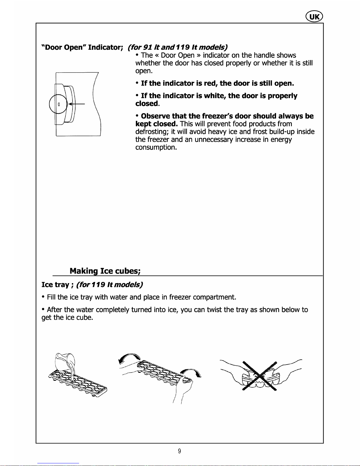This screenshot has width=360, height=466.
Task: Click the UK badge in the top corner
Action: click(314, 16)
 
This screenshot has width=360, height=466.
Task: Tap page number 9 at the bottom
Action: click(179, 451)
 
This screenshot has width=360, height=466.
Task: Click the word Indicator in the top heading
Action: click(105, 47)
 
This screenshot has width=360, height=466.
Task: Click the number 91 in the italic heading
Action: click(147, 47)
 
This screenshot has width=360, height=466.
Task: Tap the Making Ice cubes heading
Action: click(105, 271)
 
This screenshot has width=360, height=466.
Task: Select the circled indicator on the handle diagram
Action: click(58, 104)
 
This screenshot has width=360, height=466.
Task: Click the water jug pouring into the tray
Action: click(65, 361)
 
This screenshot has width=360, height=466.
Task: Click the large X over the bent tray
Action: click(259, 376)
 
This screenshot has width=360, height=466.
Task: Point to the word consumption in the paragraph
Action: click(156, 147)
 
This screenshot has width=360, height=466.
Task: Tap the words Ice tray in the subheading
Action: click(55, 285)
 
